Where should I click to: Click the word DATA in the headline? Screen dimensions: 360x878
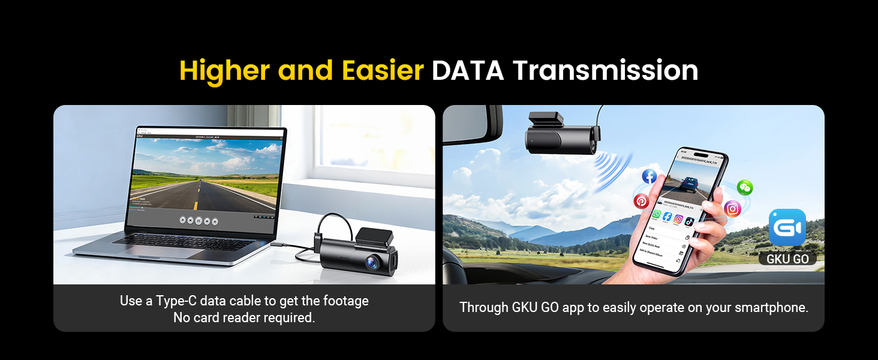468,71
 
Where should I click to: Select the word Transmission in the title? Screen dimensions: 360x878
605,71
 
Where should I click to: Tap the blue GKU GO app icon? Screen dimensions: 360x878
787,227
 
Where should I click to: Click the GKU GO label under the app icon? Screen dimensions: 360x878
787,259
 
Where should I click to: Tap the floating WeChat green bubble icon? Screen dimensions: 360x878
745,187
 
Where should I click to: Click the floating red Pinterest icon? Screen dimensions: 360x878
641,201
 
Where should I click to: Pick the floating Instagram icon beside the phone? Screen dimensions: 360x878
732,209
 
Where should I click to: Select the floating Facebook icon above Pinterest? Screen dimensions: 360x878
649,176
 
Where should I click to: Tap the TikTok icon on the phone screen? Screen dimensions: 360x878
689,220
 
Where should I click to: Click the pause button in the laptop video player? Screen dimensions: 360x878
199,220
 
